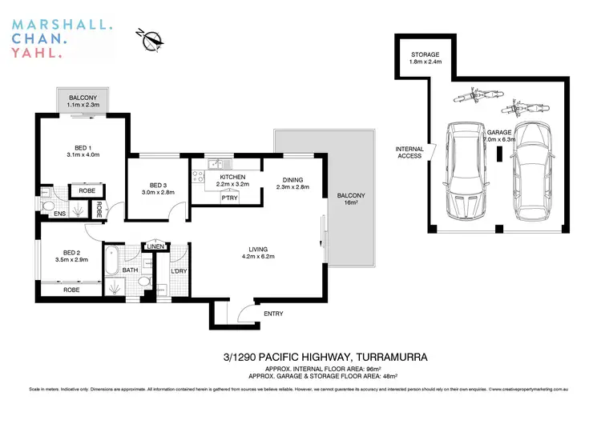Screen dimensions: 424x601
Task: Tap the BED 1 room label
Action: pos(82,146)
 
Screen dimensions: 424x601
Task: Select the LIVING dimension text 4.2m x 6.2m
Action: pos(258,256)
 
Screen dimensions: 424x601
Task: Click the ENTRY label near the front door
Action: pos(273,314)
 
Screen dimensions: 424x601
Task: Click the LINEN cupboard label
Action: pos(155,246)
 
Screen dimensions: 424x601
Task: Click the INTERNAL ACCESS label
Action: pos(410,154)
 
